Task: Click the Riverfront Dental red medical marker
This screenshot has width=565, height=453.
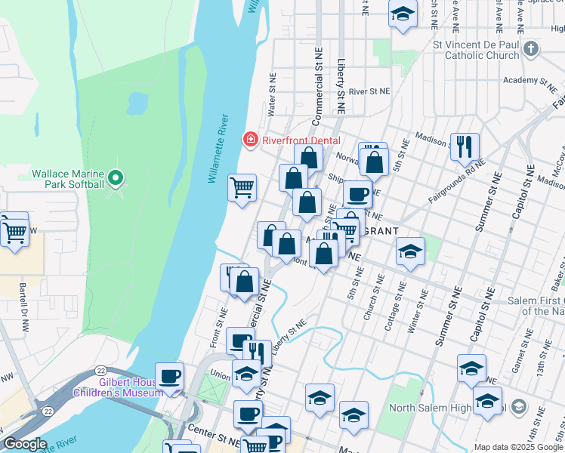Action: coord(249,140)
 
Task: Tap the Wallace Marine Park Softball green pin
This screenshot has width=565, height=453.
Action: coord(115,178)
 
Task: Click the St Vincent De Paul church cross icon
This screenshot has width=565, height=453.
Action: coord(531,50)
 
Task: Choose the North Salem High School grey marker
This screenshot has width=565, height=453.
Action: coord(518,408)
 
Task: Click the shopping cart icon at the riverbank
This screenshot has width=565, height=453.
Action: coord(242,186)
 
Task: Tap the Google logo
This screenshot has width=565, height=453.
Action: coord(25,444)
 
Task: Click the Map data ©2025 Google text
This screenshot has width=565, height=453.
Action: coord(517,447)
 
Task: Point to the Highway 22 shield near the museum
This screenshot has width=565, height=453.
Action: coord(100,369)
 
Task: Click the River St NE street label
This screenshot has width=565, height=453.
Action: coord(369,91)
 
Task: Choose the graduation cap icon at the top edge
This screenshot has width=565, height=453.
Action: coord(403,13)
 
